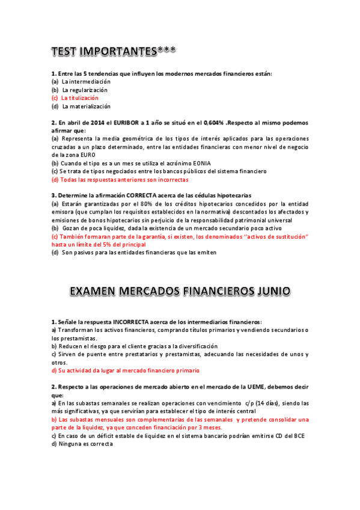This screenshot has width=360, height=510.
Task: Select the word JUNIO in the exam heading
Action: pos(270,291)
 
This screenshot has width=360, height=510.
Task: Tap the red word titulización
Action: pos(80,98)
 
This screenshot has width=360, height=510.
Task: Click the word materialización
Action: pos(87,106)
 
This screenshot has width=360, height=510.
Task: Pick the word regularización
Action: pos(85,90)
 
